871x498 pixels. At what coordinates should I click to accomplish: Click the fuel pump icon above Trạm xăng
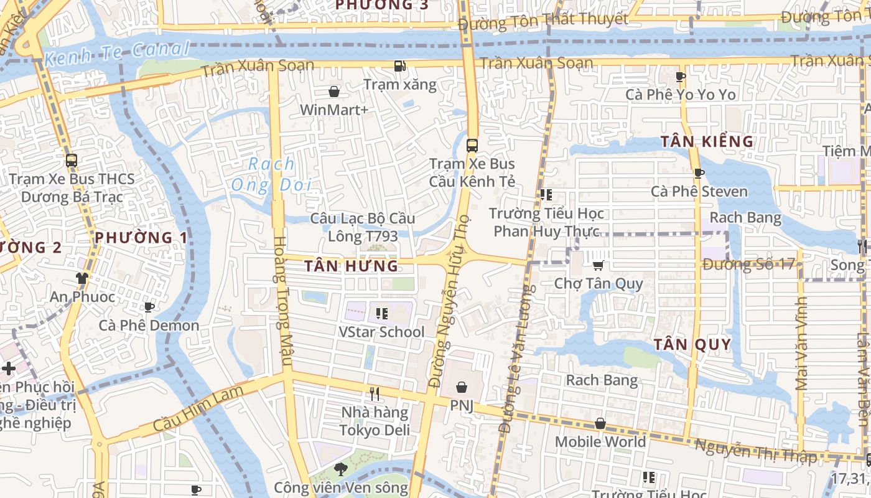[400, 65]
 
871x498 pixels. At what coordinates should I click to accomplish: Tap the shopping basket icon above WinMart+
[334, 92]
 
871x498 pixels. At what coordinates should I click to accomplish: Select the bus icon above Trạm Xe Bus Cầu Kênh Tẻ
[472, 146]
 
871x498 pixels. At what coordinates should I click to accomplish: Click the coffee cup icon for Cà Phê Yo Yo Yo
[681, 77]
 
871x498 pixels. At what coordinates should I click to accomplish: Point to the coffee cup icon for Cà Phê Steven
[699, 173]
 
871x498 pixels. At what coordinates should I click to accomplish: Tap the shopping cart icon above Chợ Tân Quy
[598, 266]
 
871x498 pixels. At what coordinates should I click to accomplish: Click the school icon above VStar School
[381, 313]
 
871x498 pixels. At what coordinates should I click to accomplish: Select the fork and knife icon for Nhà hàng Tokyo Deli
[375, 394]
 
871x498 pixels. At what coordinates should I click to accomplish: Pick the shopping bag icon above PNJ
[462, 387]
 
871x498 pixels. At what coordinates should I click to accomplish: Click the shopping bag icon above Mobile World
[600, 424]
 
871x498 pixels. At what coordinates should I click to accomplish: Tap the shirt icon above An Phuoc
[82, 278]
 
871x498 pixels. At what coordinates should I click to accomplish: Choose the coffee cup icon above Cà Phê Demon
[149, 307]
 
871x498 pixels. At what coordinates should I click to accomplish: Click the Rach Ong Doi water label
[271, 174]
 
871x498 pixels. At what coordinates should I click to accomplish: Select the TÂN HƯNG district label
[351, 266]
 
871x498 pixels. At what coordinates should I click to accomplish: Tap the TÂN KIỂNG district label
[707, 141]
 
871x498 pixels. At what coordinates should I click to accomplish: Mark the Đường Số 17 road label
[749, 264]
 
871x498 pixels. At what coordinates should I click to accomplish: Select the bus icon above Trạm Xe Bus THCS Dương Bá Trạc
[72, 161]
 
